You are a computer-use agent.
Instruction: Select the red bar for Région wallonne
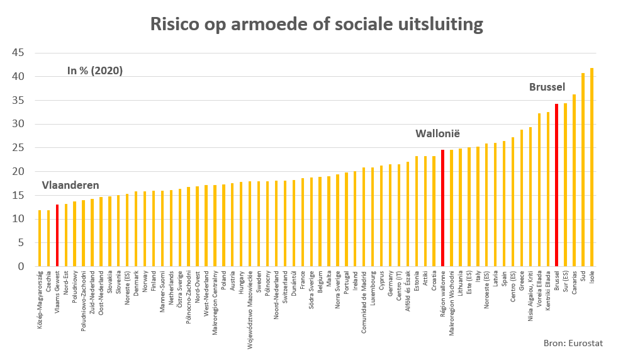click(x=442, y=208)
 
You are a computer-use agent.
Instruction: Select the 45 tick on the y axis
click(x=18, y=53)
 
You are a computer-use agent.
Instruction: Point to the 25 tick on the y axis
click(x=18, y=148)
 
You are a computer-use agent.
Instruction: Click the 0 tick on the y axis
click(x=21, y=266)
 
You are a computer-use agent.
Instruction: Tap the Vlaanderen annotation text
click(x=70, y=185)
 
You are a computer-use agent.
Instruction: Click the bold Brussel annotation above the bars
click(x=547, y=87)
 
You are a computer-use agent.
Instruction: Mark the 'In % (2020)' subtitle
click(x=95, y=70)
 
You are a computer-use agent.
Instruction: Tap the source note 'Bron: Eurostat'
click(x=574, y=343)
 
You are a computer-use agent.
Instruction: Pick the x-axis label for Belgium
click(x=320, y=284)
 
